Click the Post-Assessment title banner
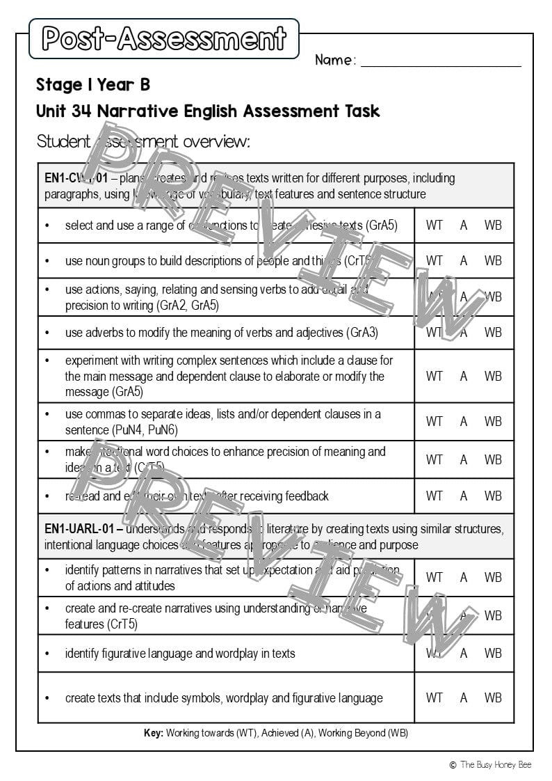[164, 38]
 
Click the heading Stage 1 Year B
[93, 85]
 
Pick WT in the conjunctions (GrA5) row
[434, 226]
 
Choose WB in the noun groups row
[493, 260]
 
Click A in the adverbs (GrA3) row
[463, 332]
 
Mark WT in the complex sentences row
[434, 376]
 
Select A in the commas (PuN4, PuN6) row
[463, 421]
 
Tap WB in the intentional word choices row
[493, 459]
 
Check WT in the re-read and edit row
[434, 496]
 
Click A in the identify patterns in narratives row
[463, 577]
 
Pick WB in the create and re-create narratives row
[493, 615]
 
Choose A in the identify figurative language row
[463, 654]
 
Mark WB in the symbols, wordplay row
[493, 697]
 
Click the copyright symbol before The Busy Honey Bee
[453, 765]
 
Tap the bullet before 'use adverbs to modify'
[47, 333]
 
